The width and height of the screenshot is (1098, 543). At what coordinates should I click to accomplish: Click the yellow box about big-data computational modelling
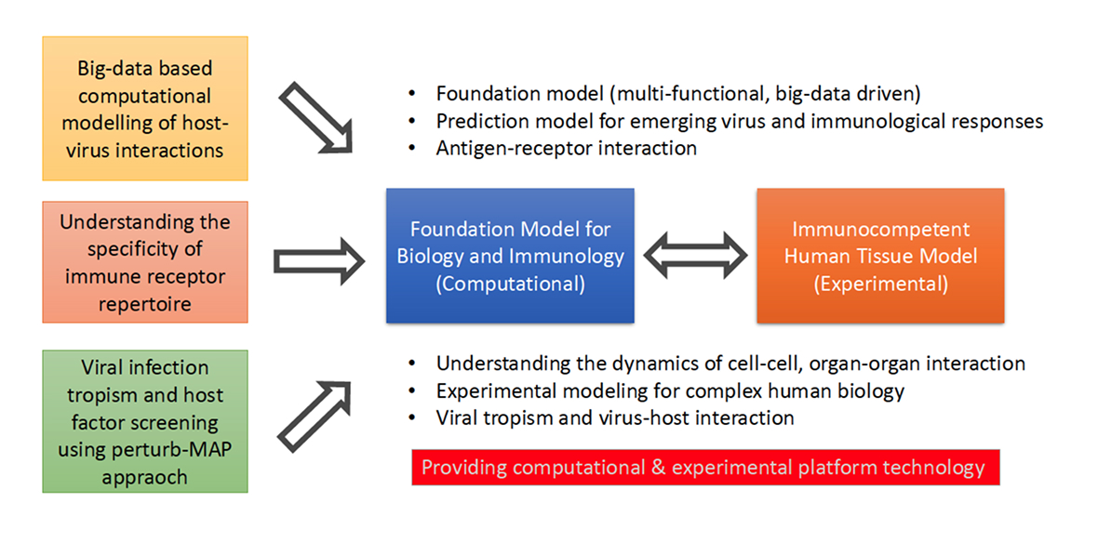coord(144,109)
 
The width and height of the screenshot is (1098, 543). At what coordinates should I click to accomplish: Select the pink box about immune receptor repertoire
coord(144,262)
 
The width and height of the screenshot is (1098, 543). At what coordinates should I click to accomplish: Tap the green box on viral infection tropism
coord(144,421)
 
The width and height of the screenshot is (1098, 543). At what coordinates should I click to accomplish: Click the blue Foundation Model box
coord(510,256)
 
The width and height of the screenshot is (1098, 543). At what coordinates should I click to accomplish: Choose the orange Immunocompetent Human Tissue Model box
coord(879,256)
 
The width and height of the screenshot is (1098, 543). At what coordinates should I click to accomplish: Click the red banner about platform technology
coord(703,467)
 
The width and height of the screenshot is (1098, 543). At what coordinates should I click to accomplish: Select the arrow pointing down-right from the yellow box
coord(318,114)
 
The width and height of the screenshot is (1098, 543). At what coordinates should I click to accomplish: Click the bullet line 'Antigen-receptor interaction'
coord(566,148)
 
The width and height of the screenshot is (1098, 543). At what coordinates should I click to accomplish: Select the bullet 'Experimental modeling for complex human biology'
coord(670,391)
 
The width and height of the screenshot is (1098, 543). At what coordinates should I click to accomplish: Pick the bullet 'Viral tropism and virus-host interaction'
coord(614,417)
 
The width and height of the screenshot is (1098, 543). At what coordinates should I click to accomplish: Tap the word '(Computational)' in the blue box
coord(510,284)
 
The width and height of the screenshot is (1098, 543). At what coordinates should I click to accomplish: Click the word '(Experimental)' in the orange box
coord(880,284)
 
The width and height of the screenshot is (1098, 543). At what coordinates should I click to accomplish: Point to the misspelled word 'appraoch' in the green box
coord(144,477)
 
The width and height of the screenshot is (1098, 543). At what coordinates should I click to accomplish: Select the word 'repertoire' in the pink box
coord(144,303)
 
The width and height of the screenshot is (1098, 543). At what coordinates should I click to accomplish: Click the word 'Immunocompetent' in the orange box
coord(880,230)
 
